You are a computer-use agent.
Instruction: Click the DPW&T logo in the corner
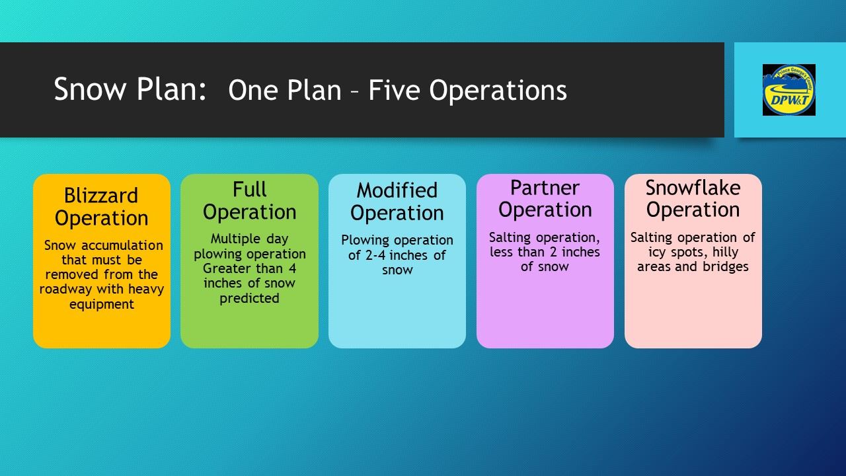789,90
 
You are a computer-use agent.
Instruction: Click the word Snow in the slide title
90,89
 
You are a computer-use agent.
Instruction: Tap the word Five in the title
395,90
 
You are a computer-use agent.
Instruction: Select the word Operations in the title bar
498,91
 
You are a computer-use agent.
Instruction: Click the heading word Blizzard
101,196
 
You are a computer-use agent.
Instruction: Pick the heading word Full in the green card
249,189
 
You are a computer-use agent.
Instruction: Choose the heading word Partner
545,188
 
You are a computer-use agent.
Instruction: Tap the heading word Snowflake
693,188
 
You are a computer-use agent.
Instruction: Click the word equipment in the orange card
102,305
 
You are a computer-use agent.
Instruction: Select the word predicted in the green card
249,298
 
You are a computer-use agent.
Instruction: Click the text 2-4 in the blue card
375,255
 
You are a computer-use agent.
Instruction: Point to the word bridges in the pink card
726,266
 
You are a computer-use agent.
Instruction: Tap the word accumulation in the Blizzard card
122,245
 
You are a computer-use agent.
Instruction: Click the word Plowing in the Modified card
360,241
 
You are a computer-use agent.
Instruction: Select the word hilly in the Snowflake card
725,253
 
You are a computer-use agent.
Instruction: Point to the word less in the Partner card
502,253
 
